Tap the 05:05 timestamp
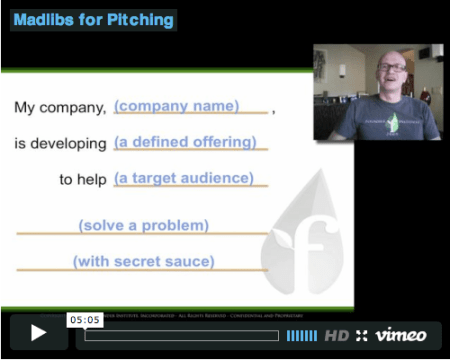(84, 320)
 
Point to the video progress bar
(181, 335)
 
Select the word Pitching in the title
(140, 19)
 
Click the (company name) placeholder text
(176, 105)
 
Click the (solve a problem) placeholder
(144, 226)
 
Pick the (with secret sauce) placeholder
(143, 262)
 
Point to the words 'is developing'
(61, 143)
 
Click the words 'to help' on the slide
(82, 179)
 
